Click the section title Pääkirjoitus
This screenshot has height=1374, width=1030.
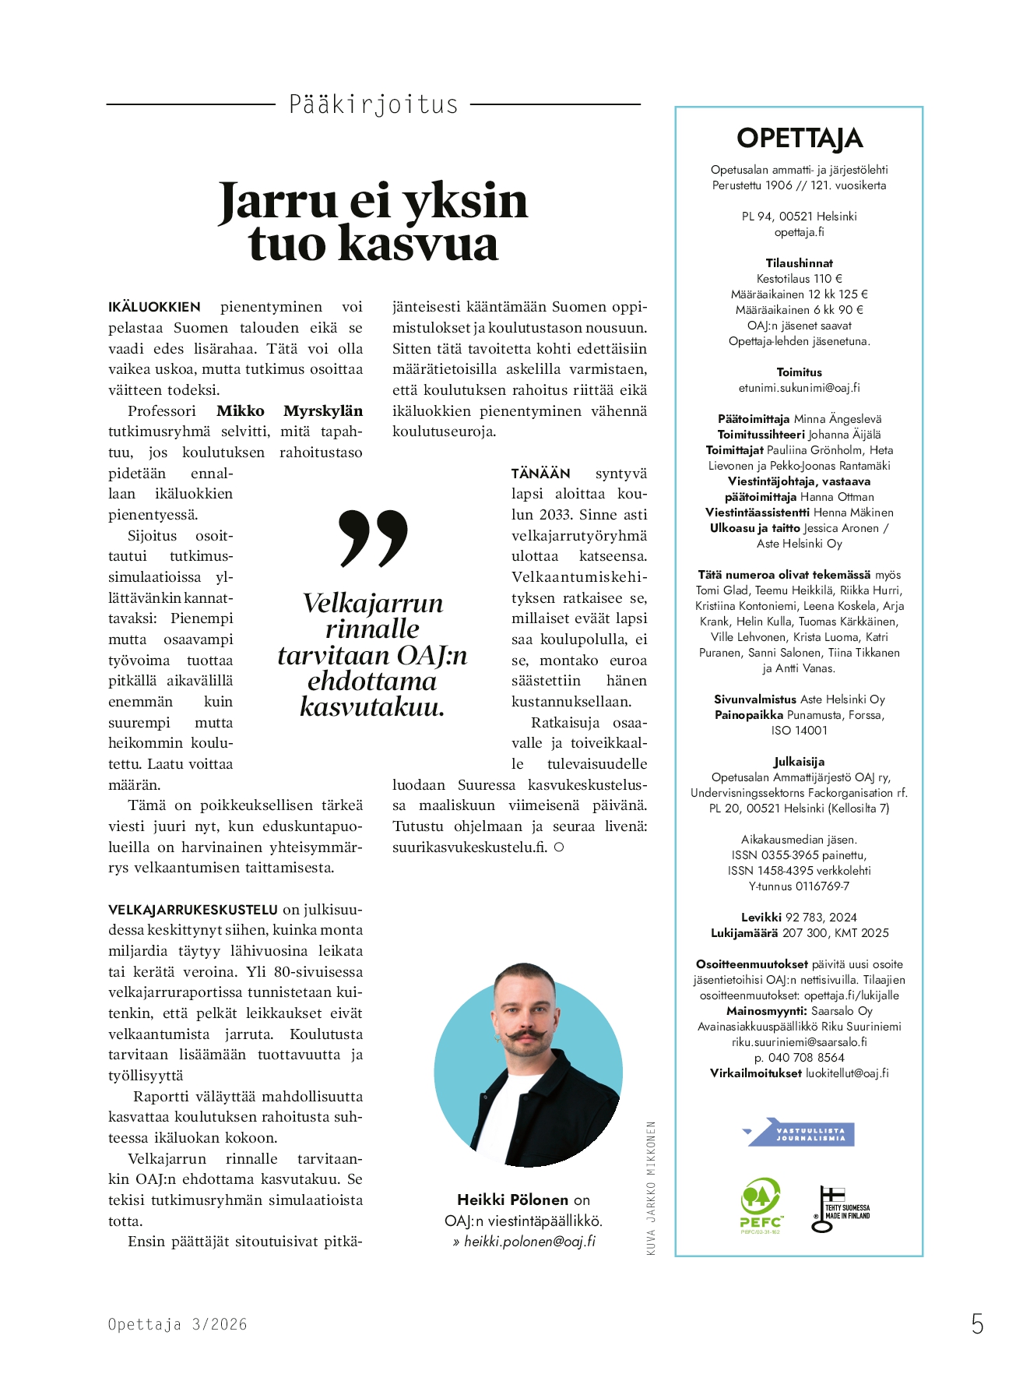click(x=373, y=104)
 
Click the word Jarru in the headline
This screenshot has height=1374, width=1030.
click(x=278, y=201)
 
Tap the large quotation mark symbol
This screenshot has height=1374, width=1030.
click(x=374, y=538)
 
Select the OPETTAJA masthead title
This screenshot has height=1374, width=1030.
click(x=799, y=139)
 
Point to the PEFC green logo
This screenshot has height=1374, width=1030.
click(x=761, y=1205)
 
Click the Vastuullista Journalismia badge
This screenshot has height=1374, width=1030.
click(x=801, y=1133)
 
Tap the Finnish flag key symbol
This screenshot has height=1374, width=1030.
click(x=827, y=1209)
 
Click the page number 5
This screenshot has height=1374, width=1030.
click(x=977, y=1324)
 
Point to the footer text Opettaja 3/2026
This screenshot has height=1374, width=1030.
click(x=178, y=1324)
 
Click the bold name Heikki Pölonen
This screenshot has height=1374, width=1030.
click(x=512, y=1200)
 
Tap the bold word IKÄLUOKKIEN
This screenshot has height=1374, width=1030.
click(x=154, y=307)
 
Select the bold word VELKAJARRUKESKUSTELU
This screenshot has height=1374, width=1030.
click(x=192, y=909)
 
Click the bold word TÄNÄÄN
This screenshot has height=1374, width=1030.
click(x=540, y=474)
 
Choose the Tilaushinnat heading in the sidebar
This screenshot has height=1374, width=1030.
click(x=799, y=263)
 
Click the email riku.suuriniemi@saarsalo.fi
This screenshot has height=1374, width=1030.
click(x=799, y=1041)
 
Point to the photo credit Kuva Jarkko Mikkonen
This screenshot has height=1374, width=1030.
click(x=652, y=1188)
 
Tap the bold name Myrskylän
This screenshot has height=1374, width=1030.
click(x=323, y=411)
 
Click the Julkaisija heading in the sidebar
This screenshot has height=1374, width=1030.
click(x=799, y=762)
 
